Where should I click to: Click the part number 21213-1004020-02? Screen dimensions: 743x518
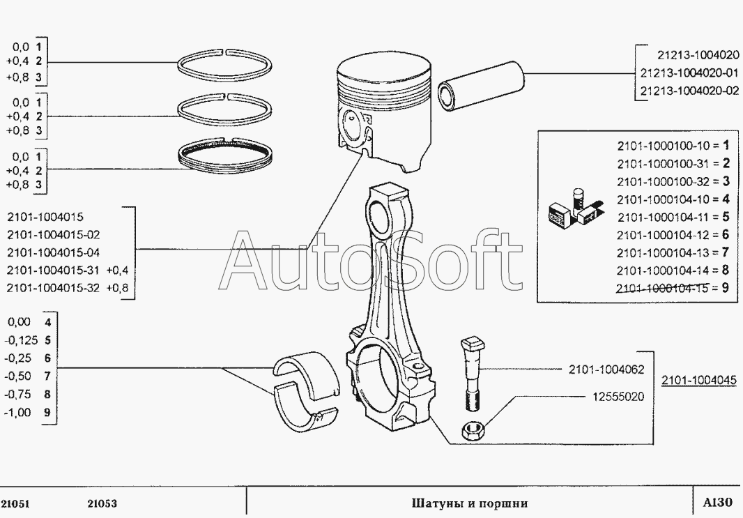coord(689,91)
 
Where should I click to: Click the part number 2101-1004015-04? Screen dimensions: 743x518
coord(53,252)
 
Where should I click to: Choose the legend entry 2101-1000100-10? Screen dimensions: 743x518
coord(662,146)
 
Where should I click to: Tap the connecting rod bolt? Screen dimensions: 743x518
coord(470,374)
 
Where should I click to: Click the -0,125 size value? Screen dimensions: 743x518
coord(17,340)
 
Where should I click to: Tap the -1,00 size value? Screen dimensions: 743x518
coord(17,412)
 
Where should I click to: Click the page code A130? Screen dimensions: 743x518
coord(717,503)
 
